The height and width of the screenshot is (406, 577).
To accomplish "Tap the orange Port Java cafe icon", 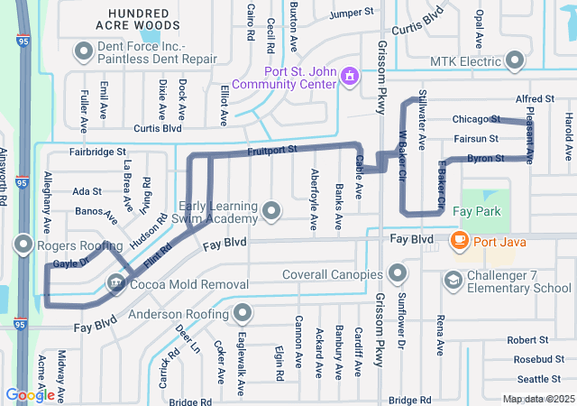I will [x=459, y=241].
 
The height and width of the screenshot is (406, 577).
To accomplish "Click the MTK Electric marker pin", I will [x=515, y=60].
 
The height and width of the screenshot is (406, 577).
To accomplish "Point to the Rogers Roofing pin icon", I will [x=23, y=245].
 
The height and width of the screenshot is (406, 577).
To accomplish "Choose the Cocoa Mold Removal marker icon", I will [x=115, y=282].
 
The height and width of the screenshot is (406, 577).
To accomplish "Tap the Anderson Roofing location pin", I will [x=242, y=314].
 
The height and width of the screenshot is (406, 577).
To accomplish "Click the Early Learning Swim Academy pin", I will [x=272, y=213].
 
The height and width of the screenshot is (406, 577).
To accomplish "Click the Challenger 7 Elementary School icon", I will [x=452, y=281].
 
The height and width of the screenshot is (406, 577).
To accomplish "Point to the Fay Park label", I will [x=475, y=210].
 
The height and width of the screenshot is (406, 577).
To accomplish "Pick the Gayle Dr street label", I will [x=70, y=263].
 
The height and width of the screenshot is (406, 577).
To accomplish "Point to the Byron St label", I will [x=485, y=158].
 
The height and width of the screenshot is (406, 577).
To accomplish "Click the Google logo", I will [x=30, y=395].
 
